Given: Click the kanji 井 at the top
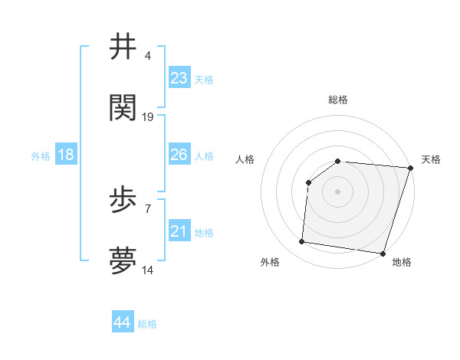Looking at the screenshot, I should coord(123,47).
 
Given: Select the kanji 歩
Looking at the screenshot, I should coord(123,201).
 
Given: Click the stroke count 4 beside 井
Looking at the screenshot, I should coord(148,56).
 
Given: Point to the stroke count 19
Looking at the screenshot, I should coord(148,116).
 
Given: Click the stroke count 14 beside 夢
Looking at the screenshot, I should coord(148,270).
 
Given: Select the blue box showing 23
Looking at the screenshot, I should coord(179,78).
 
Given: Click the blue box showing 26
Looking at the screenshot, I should coord(179,155).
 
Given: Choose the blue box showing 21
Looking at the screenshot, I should coord(179,231).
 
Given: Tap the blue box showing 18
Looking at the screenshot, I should coord(66,155).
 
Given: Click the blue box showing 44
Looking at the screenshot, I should coord(123,322).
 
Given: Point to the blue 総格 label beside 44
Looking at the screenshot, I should coord(147,324).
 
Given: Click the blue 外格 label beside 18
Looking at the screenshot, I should coord(41,156).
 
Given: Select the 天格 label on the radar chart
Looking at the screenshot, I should coord(431,159).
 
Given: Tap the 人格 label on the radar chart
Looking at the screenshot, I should coord(245,159).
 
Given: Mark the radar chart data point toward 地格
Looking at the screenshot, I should coord(383,253).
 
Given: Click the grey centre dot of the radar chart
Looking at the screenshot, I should coord(337,191).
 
